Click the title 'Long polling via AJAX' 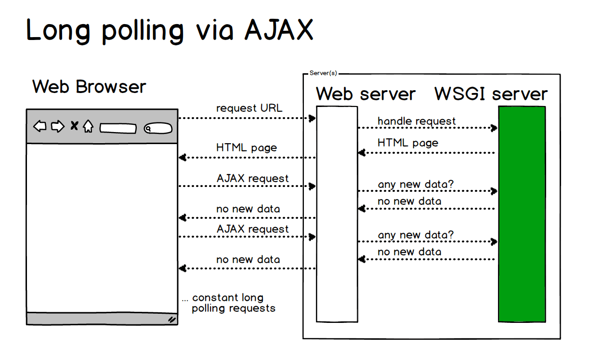pyautogui.click(x=170, y=30)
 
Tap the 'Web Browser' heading pyautogui.click(x=89, y=87)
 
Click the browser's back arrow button pyautogui.click(x=40, y=127)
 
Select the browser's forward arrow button pyautogui.click(x=58, y=127)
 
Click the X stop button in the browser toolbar pyautogui.click(x=74, y=126)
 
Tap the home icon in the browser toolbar pyautogui.click(x=88, y=127)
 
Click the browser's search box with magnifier pyautogui.click(x=157, y=129)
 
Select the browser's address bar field pyautogui.click(x=118, y=129)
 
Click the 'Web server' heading pyautogui.click(x=366, y=93)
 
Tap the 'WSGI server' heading pyautogui.click(x=491, y=93)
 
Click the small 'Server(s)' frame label pyautogui.click(x=323, y=73)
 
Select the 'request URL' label pyautogui.click(x=249, y=108)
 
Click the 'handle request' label pyautogui.click(x=416, y=120)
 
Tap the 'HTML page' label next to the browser pyautogui.click(x=247, y=147)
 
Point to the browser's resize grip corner pyautogui.click(x=172, y=319)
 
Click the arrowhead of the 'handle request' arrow pyautogui.click(x=494, y=128)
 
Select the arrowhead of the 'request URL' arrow pyautogui.click(x=313, y=118)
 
